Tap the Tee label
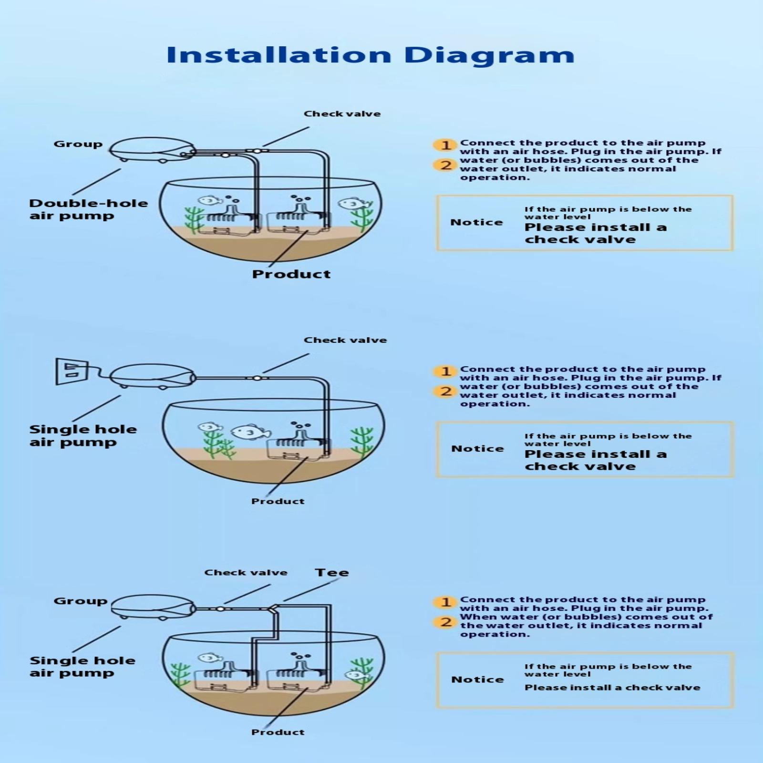click(x=332, y=573)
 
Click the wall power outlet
click(x=72, y=371)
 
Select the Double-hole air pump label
click(x=88, y=209)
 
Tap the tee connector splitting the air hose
click(x=272, y=609)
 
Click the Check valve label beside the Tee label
click(x=246, y=573)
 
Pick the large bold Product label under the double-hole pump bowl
click(x=291, y=274)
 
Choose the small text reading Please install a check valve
click(x=612, y=688)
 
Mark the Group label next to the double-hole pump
click(x=78, y=144)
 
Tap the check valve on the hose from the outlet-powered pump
click(x=257, y=378)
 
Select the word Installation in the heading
click(x=279, y=55)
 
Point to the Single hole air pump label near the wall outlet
click(x=83, y=436)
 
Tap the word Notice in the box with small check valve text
click(x=477, y=680)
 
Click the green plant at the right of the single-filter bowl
click(x=362, y=442)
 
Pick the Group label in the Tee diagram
click(x=80, y=601)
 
